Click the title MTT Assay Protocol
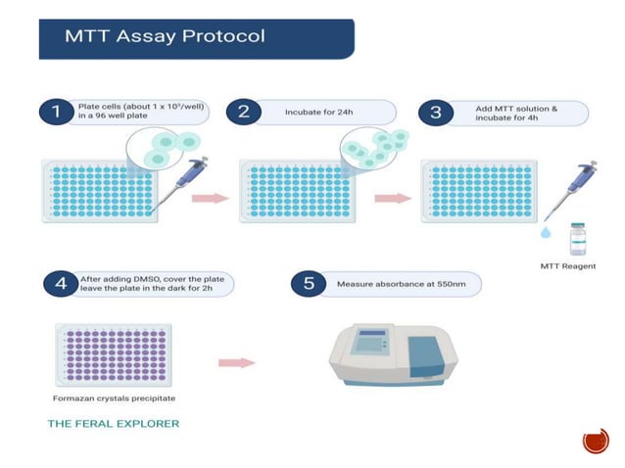click(x=164, y=38)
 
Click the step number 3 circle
click(x=435, y=112)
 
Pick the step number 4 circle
click(x=62, y=284)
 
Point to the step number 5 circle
click(x=309, y=284)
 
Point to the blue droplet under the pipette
click(x=545, y=234)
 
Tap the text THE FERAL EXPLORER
click(x=114, y=424)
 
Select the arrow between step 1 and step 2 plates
click(x=208, y=199)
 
